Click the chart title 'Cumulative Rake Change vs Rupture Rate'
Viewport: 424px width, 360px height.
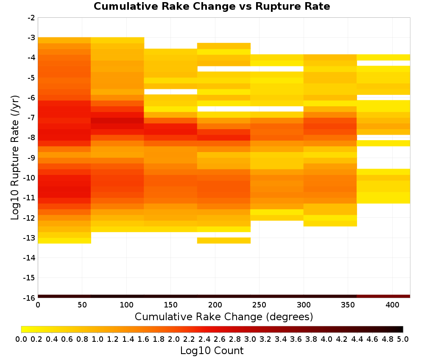coord(212,6)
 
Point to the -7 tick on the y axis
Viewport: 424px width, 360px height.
coord(31,118)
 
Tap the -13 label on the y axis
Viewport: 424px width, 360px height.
coord(30,238)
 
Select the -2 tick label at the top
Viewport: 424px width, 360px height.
coord(31,18)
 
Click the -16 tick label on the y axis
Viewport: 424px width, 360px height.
coord(30,298)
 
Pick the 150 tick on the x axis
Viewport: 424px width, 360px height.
coord(170,305)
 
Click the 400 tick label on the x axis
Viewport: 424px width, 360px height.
coord(392,305)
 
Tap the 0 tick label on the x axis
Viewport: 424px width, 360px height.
coord(38,305)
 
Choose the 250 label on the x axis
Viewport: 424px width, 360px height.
coord(259,305)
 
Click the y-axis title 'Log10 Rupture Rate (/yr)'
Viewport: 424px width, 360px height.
coord(15,158)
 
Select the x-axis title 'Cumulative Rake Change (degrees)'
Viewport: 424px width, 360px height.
coord(224,316)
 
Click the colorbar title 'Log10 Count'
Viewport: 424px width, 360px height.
coord(212,351)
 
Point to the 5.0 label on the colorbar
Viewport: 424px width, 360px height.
coord(403,339)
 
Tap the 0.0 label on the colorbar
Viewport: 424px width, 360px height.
coord(21,339)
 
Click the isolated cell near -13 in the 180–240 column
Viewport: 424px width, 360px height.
coord(224,241)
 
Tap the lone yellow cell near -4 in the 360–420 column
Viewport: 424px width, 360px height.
coord(383,57)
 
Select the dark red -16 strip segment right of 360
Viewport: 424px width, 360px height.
coord(383,296)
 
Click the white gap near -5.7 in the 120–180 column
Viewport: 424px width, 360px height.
coord(170,92)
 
